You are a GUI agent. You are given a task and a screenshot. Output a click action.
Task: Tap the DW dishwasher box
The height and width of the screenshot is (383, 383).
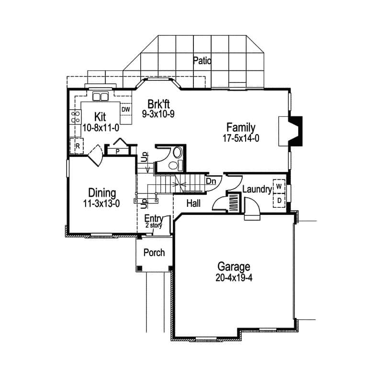click(125, 110)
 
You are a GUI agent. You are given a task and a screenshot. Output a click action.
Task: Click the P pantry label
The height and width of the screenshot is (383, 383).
click(118, 151)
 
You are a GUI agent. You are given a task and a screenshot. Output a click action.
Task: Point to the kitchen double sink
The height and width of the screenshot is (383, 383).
click(100, 97)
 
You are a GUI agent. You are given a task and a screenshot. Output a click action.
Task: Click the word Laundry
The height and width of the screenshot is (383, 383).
click(257, 190)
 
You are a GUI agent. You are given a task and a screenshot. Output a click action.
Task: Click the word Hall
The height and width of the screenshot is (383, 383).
click(193, 203)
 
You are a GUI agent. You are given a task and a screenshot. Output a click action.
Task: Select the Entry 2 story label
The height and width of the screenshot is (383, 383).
click(154, 221)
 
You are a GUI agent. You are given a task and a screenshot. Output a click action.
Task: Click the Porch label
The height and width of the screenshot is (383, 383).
click(154, 252)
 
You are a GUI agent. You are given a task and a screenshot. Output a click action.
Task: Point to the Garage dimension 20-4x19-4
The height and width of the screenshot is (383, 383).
click(234, 278)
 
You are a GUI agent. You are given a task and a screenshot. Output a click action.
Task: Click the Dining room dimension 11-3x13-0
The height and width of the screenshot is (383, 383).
click(101, 203)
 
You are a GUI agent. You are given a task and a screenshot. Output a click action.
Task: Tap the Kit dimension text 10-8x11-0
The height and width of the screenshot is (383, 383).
click(100, 127)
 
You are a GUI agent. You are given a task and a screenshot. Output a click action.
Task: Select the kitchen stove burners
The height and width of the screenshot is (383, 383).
click(75, 117)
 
